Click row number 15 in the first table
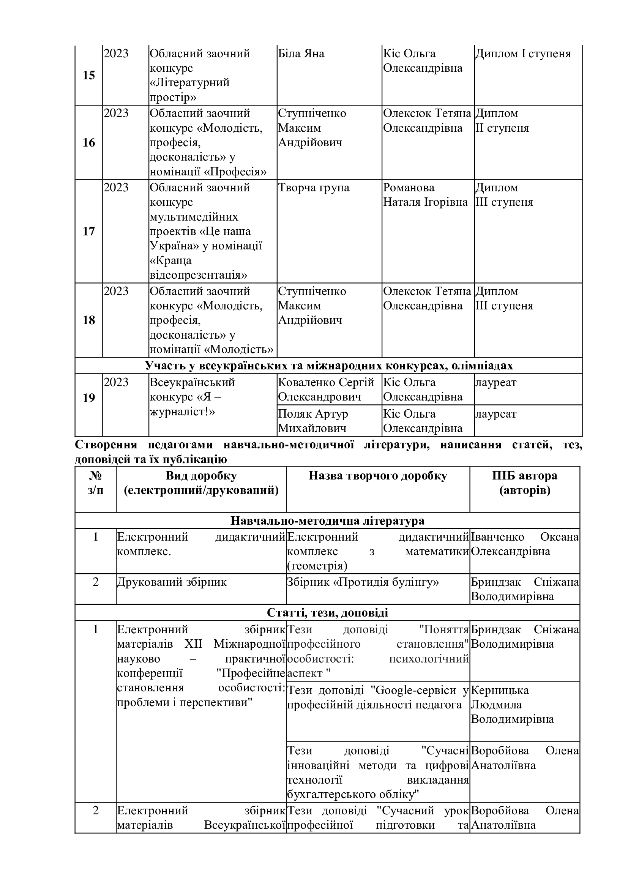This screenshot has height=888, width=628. coord(88,76)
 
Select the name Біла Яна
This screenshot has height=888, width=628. coord(301,54)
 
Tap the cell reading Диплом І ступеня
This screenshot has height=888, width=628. coord(522,54)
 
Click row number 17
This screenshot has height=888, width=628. coord(88,231)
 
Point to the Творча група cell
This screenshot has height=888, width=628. coord(313,188)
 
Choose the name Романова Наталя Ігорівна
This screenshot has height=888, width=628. coord(425,195)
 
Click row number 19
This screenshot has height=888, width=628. coord(88,397)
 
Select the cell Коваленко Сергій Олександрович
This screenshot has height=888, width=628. coord(326,390)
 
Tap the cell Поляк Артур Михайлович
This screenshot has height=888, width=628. coord(313,421)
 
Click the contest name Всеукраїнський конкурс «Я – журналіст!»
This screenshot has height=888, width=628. coord(192,397)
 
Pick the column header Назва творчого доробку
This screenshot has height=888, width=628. coord(377,476)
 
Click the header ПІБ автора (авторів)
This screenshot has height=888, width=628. coord(524,483)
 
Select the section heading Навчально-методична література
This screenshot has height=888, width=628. coord(327,520)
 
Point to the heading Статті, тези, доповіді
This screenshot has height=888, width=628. coord(327,613)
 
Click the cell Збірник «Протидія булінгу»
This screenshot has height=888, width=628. coord(363,582)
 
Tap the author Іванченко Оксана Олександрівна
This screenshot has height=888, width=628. coord(524,544)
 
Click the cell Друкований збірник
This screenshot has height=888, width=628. coord(172,582)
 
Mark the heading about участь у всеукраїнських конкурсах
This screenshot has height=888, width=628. coord(329,366)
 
